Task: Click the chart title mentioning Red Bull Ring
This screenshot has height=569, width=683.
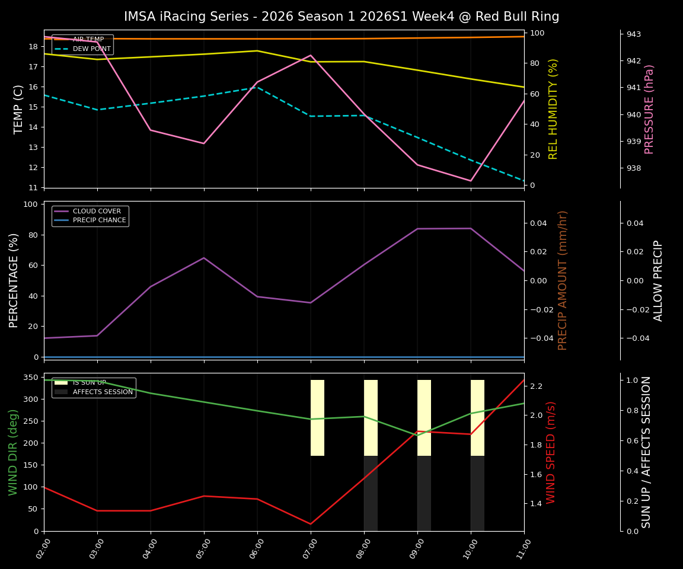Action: [341, 17]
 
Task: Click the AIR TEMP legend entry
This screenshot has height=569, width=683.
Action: [88, 40]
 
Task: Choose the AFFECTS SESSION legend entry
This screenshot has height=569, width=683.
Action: [102, 392]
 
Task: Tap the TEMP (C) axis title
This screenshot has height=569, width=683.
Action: [19, 109]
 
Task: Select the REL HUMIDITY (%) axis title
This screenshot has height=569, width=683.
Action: [553, 109]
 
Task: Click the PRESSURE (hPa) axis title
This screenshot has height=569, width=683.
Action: [649, 109]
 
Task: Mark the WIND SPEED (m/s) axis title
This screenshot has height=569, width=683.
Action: [551, 452]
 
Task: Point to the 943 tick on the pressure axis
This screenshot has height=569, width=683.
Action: [633, 34]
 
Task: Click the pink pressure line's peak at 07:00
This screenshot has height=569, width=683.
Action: [311, 55]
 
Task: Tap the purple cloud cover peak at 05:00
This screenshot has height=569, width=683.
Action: [204, 258]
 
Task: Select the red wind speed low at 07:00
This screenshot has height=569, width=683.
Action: [310, 524]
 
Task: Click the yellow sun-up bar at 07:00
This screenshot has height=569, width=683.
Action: [317, 418]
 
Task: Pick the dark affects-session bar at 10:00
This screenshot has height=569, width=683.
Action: [477, 493]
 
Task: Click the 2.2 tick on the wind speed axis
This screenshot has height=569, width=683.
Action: [536, 386]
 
